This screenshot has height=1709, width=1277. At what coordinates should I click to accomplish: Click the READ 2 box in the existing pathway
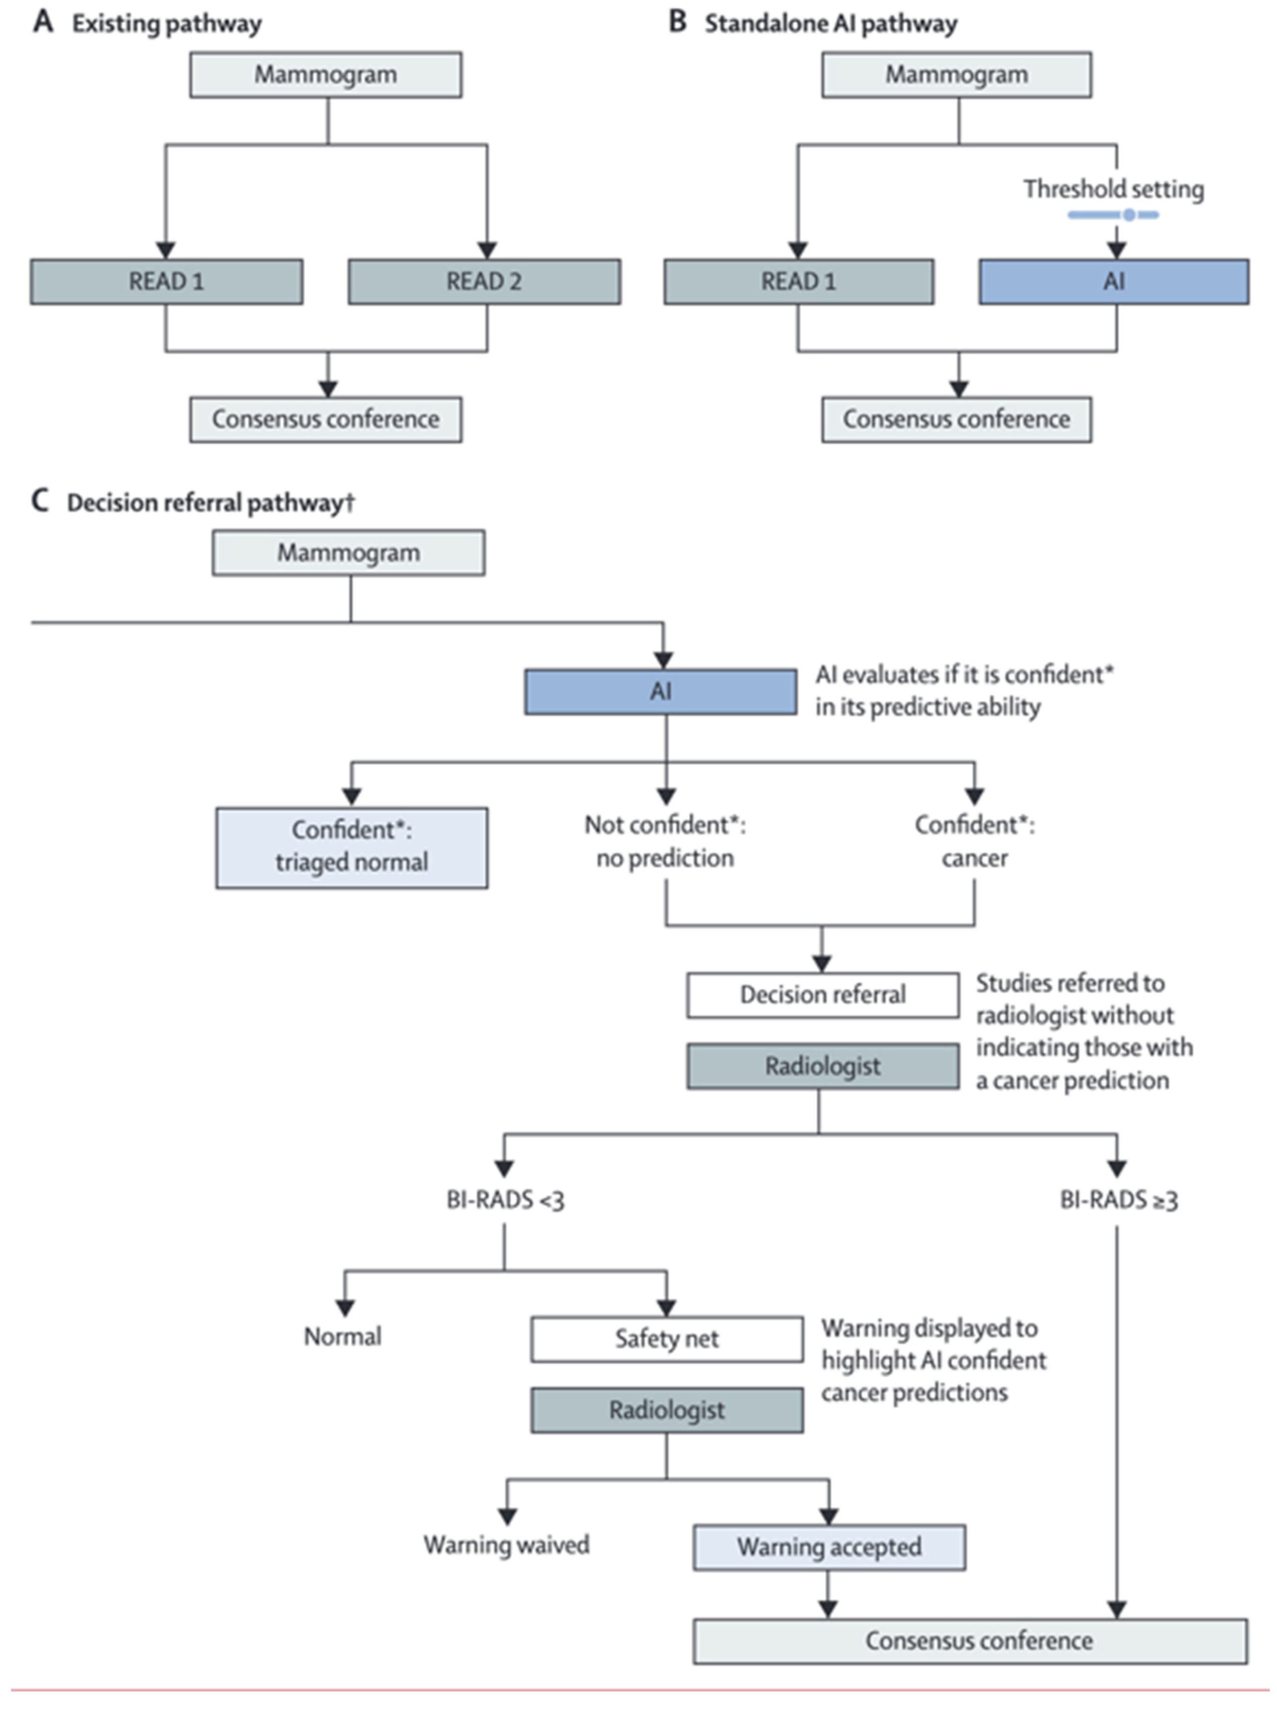484,281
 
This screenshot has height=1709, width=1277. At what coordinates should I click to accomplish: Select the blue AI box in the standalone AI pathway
1113,281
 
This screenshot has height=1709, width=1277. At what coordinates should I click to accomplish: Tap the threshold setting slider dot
1129,215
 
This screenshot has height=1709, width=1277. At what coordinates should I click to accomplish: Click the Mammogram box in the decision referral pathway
349,553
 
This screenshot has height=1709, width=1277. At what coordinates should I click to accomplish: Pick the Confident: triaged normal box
352,847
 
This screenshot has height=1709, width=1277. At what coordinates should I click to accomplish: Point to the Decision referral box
823,994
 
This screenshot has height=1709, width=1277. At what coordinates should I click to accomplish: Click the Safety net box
667,1339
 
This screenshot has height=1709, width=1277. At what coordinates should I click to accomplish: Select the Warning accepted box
829,1547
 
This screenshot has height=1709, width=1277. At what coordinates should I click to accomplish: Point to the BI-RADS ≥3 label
1118,1200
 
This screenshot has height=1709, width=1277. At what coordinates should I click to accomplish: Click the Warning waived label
506,1544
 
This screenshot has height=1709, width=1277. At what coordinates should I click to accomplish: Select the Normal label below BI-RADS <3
342,1336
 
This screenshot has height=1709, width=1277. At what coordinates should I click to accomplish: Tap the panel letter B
677,22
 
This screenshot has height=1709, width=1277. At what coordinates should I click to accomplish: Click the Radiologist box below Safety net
667,1410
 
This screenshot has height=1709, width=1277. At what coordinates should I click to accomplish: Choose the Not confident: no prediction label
665,841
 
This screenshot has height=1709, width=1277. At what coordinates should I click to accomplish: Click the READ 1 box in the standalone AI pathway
798,281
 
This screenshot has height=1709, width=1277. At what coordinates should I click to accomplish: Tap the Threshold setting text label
1113,189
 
